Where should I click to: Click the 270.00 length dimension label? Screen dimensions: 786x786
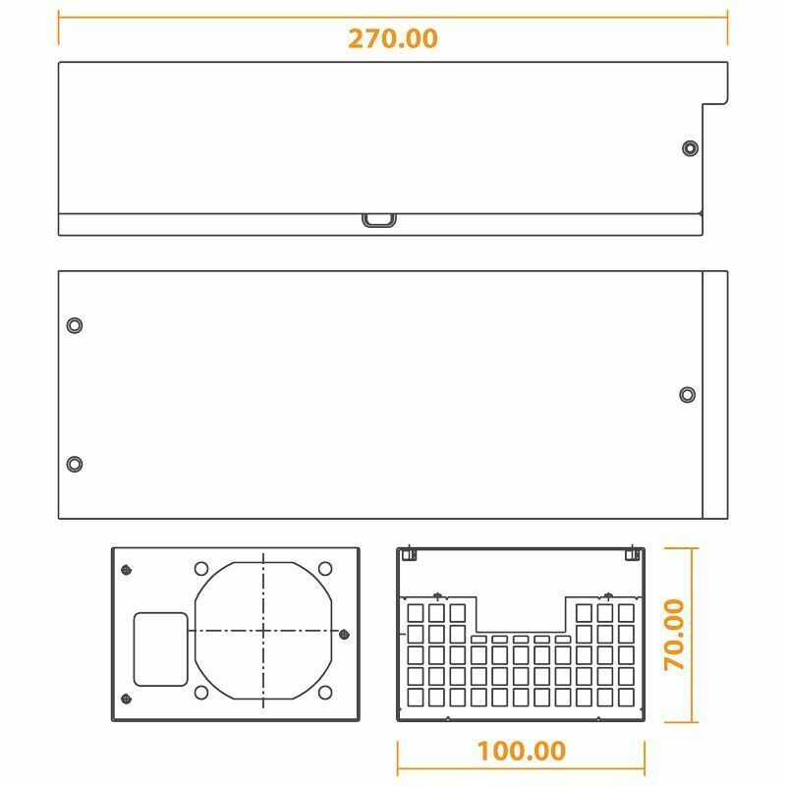(x=393, y=38)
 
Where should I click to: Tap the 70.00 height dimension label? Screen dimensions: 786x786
(x=674, y=635)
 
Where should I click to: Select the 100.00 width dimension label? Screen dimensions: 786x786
(x=522, y=751)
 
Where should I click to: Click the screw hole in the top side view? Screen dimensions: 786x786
(x=691, y=148)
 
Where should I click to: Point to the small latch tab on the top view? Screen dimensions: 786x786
(x=379, y=220)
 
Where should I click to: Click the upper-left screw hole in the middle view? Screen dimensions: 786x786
(x=75, y=325)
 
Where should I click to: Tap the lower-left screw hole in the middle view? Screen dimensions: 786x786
(x=75, y=464)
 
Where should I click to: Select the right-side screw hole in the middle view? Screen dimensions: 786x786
(x=687, y=395)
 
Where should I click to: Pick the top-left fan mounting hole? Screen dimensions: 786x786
(x=201, y=569)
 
